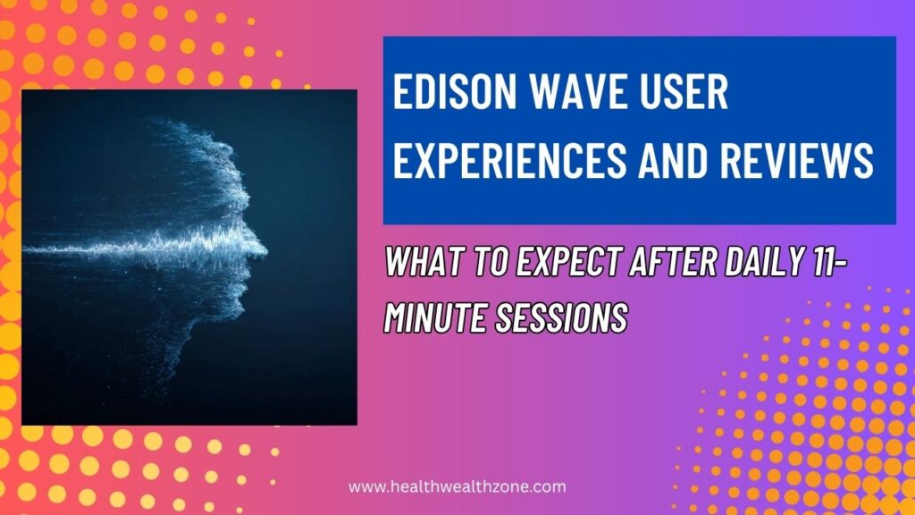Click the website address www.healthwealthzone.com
[457, 487]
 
